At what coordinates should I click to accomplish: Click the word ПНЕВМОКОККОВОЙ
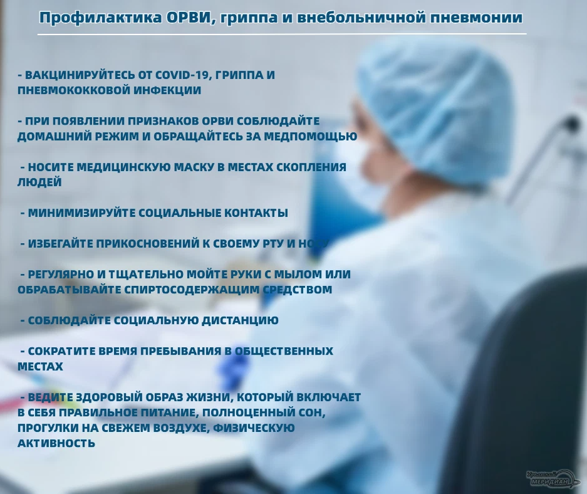pos(69,90)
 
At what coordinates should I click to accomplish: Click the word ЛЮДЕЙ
pos(39,182)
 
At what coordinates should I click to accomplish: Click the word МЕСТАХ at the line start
pos(40,366)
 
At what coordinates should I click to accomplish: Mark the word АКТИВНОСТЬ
pos(56,443)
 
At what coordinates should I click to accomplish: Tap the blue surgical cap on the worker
pos(432,107)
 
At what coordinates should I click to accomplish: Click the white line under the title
pos(282,34)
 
